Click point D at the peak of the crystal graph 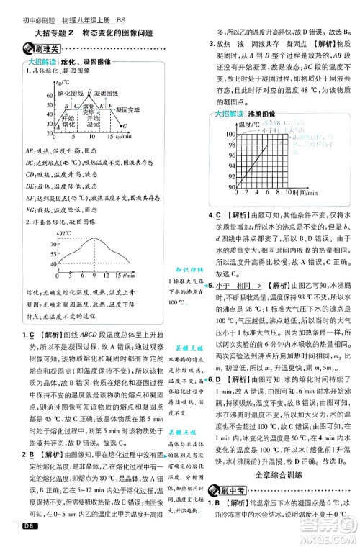pos(89,91)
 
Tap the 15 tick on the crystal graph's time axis pos(109,135)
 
